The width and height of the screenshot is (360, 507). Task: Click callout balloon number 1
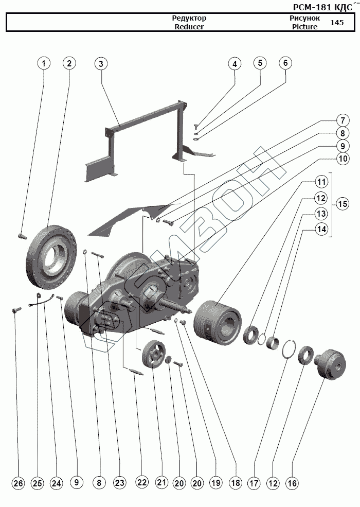pos(45,63)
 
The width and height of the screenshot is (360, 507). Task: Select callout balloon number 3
pos(101,63)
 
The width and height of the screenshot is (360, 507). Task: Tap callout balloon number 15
pos(342,203)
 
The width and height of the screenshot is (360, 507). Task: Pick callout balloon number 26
pos(18,483)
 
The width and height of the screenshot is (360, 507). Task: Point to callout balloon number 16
pos(292,483)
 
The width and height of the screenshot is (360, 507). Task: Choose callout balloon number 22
pos(142,483)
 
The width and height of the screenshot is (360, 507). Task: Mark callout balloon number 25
pos(37,483)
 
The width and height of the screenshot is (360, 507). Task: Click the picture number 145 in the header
pos(337,23)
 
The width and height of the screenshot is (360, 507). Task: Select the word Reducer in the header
pos(189,27)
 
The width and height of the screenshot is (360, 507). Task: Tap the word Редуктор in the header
pos(189,18)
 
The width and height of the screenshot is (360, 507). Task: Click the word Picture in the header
pos(304,27)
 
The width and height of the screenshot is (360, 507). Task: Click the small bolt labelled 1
pos(21,236)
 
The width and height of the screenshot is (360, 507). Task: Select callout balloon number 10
pos(342,159)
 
